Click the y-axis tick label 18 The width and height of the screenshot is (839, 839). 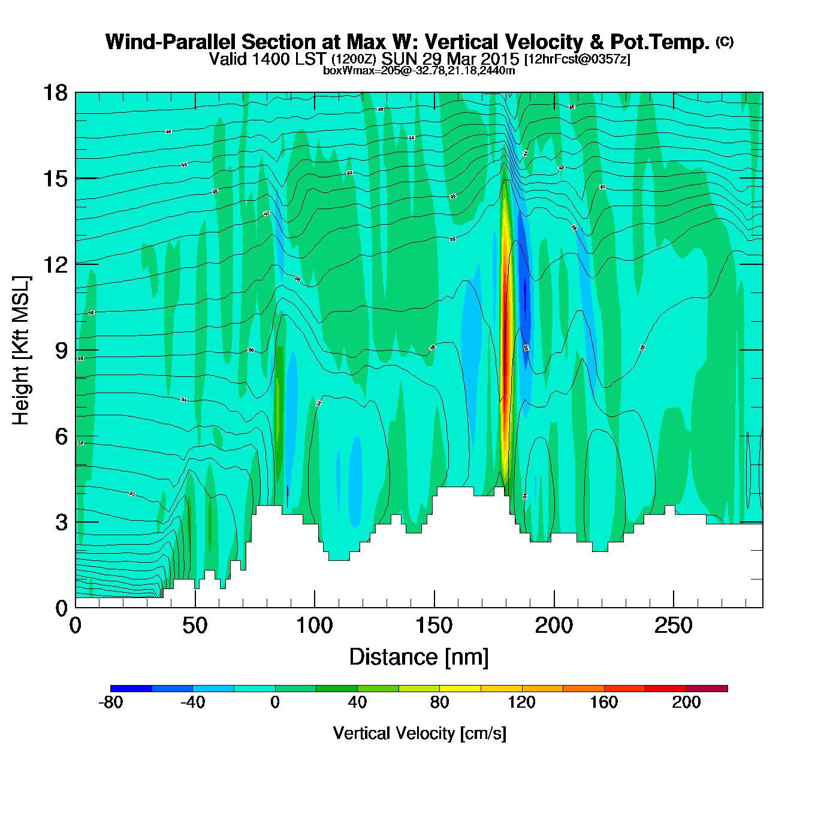[55, 93]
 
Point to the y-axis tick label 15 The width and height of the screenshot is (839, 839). [55, 179]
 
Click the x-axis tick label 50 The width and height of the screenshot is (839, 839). [195, 626]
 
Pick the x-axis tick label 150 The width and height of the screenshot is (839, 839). [434, 626]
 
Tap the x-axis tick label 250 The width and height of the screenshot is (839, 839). [673, 626]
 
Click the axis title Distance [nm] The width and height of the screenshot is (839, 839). [419, 657]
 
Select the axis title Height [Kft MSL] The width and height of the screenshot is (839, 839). [21, 351]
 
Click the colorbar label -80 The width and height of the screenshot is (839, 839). [111, 702]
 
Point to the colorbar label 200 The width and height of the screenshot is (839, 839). [686, 702]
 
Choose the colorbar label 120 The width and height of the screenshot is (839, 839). [521, 702]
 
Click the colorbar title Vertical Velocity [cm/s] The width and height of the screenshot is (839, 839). [419, 733]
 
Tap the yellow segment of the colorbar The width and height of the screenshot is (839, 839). [460, 689]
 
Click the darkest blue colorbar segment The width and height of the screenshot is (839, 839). [131, 689]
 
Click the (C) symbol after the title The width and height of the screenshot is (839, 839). [725, 41]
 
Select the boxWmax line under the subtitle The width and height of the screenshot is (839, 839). [419, 71]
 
